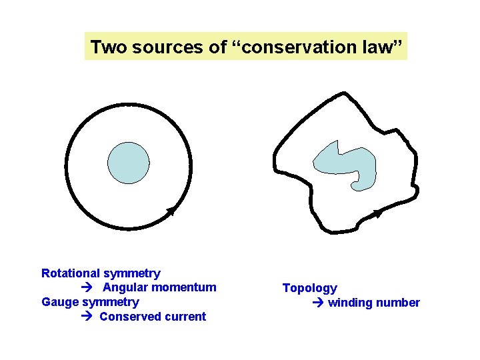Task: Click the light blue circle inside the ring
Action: point(129,163)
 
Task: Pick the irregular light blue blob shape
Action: point(347,164)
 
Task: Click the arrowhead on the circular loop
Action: point(171,211)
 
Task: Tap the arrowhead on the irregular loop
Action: point(378,213)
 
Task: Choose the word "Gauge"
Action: point(60,302)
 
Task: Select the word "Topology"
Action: point(310,289)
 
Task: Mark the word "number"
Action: point(398,303)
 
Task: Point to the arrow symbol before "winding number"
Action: point(317,303)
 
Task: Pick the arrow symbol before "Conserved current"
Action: point(87,317)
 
